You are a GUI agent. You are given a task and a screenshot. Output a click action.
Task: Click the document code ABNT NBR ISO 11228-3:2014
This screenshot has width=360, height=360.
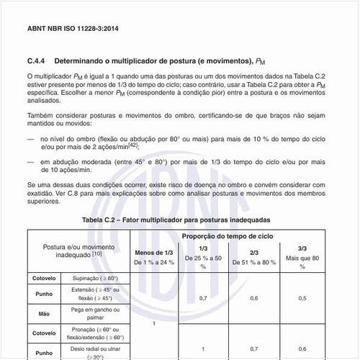pyautogui.click(x=71, y=30)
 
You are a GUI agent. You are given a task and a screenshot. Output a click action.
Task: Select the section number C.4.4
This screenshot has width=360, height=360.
pyautogui.click(x=37, y=61)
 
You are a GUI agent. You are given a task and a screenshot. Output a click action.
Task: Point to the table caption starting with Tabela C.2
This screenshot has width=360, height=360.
pyautogui.click(x=176, y=218)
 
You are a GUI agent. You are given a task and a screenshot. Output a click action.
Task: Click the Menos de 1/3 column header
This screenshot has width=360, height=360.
pyautogui.click(x=154, y=253)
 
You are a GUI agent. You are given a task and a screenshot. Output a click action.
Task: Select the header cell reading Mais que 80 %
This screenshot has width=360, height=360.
pyautogui.click(x=302, y=257)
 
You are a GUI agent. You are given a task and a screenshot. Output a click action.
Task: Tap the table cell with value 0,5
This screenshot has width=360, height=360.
pyautogui.click(x=302, y=297)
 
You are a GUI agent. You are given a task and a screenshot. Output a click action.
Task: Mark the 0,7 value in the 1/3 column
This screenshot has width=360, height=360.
pyautogui.click(x=203, y=297)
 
